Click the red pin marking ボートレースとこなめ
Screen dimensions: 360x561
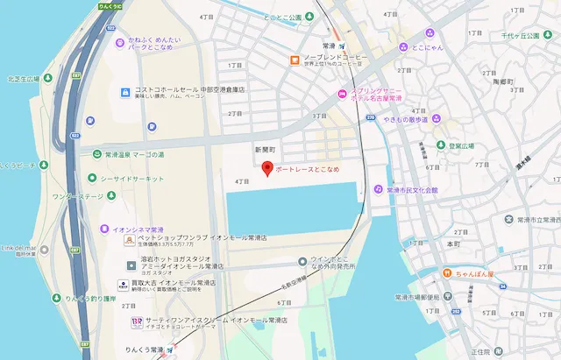[267, 168]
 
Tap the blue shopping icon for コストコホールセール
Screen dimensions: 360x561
[126, 91]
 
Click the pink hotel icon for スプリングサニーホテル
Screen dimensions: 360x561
[342, 95]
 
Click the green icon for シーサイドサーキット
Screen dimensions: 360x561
[92, 177]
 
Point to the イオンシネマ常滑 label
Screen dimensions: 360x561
[132, 229]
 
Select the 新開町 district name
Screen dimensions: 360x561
[265, 150]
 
